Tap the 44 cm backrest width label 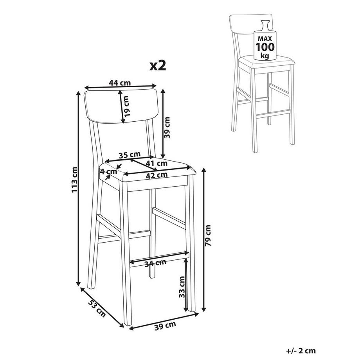click(120, 83)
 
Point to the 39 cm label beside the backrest click(167, 128)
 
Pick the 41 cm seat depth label click(157, 163)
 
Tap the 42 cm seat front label click(157, 175)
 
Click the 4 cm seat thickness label click(109, 171)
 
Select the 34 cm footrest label click(155, 263)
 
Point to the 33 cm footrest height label click(182, 287)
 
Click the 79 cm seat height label click(208, 236)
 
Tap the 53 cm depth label click(97, 308)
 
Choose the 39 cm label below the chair click(165, 326)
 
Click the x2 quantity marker click(158, 66)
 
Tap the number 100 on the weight click(265, 47)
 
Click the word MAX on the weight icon click(265, 38)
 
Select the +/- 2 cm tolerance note click(301, 351)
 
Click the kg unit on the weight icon click(265, 56)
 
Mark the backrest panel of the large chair click(121, 106)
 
